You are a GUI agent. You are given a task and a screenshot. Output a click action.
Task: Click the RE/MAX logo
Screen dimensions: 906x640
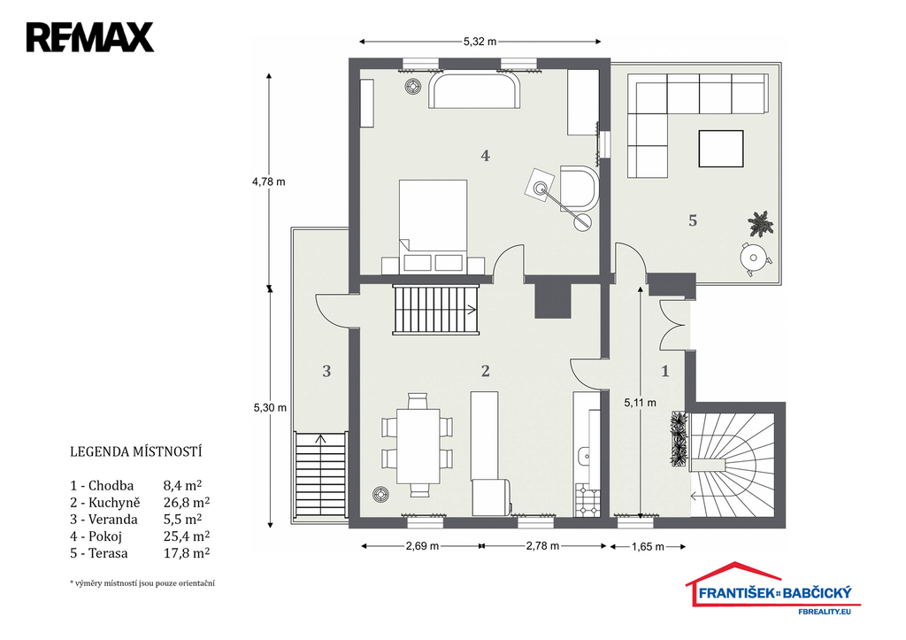pyautogui.click(x=90, y=37)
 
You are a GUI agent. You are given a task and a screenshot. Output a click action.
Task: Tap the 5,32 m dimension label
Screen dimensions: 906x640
pyautogui.click(x=480, y=42)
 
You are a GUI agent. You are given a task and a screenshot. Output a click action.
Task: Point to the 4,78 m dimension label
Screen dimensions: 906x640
pyautogui.click(x=269, y=181)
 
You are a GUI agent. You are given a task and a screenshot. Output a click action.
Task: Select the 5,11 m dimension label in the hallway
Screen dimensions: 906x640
pyautogui.click(x=641, y=403)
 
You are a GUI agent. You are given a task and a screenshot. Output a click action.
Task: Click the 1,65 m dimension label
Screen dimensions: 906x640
pyautogui.click(x=648, y=546)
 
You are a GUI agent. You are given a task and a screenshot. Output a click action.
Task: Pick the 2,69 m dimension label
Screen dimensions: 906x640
pyautogui.click(x=422, y=546)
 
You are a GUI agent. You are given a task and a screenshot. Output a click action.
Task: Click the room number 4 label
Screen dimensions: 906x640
pyautogui.click(x=486, y=155)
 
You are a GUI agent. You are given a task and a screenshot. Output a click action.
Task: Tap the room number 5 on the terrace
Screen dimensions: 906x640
pyautogui.click(x=693, y=220)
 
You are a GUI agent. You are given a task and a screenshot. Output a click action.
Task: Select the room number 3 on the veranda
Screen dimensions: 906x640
pyautogui.click(x=326, y=371)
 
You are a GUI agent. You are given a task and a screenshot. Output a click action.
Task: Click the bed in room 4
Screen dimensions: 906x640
pyautogui.click(x=433, y=226)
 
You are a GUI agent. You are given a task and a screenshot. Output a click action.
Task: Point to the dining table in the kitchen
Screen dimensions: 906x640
pyautogui.click(x=418, y=446)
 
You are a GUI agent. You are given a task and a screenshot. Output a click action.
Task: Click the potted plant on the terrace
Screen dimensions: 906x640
pyautogui.click(x=760, y=224)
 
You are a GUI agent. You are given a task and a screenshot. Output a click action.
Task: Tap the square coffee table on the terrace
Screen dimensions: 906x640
pyautogui.click(x=721, y=149)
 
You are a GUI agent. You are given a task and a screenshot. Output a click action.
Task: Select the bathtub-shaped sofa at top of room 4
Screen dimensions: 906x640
pyautogui.click(x=475, y=89)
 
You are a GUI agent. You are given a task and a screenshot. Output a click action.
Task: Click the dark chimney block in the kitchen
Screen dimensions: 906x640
pyautogui.click(x=554, y=300)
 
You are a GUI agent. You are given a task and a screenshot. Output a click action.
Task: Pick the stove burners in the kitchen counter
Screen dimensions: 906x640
pyautogui.click(x=587, y=501)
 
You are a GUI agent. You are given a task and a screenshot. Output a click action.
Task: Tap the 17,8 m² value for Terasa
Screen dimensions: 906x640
pyautogui.click(x=187, y=552)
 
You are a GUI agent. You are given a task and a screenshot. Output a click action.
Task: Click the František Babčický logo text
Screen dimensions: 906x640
pyautogui.click(x=775, y=592)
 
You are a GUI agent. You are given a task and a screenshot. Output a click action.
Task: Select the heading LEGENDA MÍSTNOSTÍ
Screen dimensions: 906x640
pyautogui.click(x=135, y=451)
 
